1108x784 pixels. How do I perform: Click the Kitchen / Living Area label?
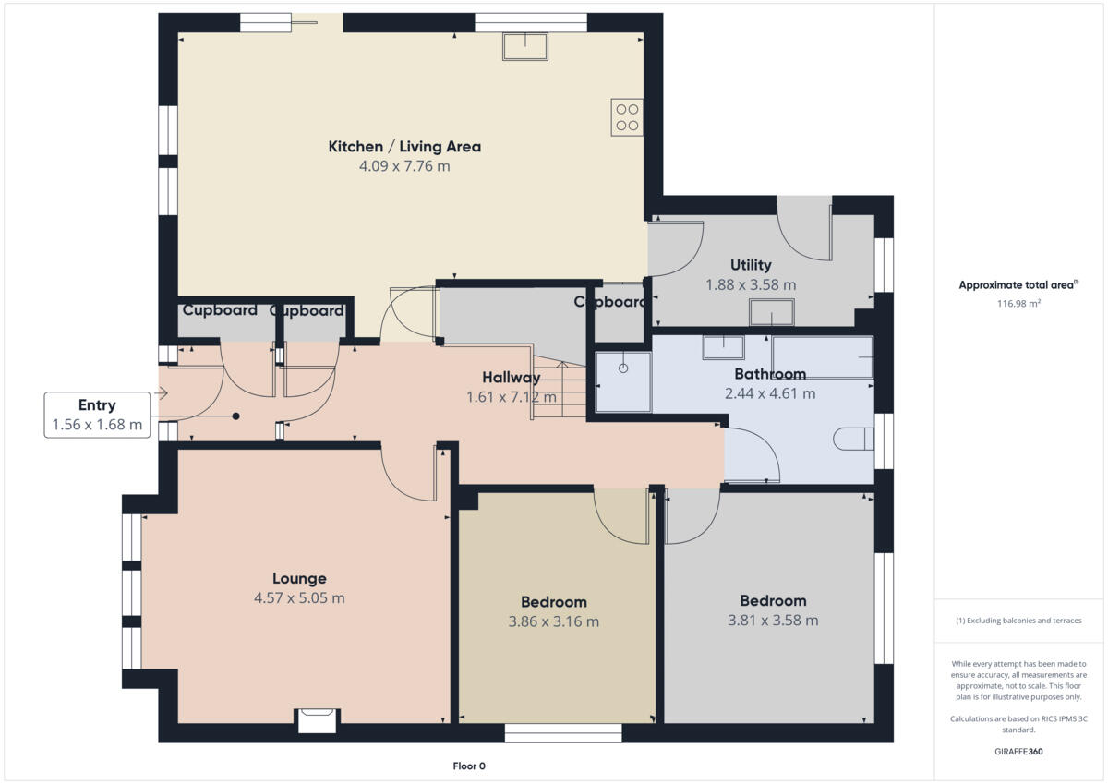[x=404, y=146]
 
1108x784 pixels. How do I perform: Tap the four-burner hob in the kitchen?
[x=627, y=116]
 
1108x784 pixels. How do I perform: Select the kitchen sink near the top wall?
[x=525, y=45]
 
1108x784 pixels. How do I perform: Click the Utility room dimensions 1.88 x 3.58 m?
[x=750, y=285]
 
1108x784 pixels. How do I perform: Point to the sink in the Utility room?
[x=772, y=313]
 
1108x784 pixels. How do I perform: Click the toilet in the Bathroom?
[x=852, y=439]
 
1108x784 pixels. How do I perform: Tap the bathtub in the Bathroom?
[x=822, y=356]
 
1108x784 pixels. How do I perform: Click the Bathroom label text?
[x=770, y=374]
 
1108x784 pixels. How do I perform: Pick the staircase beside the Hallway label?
[x=560, y=388]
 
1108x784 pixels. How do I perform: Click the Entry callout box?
[x=97, y=415]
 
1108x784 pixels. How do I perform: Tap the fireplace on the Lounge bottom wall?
[x=317, y=720]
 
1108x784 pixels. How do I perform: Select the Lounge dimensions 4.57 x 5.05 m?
[x=299, y=598]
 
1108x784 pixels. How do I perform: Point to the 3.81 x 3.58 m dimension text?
[x=773, y=621]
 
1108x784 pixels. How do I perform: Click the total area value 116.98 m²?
[x=1018, y=303]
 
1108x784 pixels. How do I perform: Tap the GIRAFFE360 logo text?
[x=1018, y=752]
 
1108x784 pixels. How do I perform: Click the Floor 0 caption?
[x=468, y=766]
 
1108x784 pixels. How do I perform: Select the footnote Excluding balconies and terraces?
[x=1018, y=621]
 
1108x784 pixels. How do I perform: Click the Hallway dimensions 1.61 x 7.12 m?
[x=512, y=397]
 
